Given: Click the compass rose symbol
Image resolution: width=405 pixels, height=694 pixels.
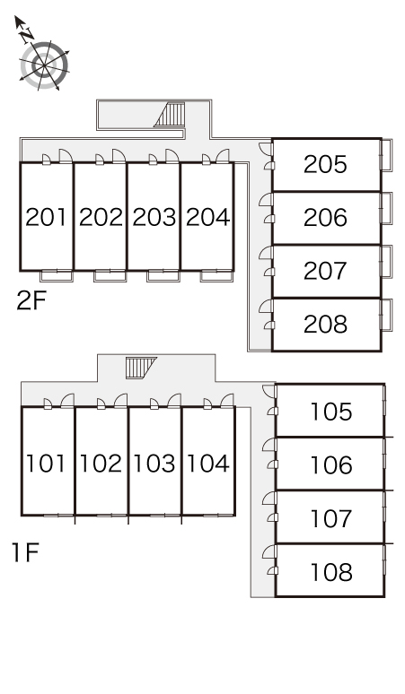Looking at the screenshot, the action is point(44,65).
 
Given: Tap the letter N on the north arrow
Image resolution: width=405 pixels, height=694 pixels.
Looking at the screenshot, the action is point(28,34).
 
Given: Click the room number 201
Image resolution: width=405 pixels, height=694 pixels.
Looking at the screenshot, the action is point(46,217).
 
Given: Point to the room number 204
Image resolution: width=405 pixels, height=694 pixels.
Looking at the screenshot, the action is point(207,217).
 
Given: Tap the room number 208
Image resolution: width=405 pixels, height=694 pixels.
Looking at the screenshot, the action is point(325,325).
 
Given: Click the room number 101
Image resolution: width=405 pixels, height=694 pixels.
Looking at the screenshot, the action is point(46,464).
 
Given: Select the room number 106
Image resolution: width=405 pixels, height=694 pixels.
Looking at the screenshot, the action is point(331,465).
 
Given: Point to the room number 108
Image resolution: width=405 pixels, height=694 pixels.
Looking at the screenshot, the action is point(331,572).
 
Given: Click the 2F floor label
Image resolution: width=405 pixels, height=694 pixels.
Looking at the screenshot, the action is point(31,300).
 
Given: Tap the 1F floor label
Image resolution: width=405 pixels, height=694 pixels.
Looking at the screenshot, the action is point(25,553).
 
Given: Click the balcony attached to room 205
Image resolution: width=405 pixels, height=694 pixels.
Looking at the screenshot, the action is point(386,155).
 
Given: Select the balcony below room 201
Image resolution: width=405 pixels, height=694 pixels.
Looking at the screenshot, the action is point(57,276).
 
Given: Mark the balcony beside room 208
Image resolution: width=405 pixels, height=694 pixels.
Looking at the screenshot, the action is point(386,315).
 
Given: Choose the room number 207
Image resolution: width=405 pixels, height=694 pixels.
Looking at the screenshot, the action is point(325,271).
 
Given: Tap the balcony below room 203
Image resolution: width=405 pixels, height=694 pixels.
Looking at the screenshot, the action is point(163,276).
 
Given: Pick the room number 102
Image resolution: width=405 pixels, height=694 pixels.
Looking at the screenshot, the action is point(101,464).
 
